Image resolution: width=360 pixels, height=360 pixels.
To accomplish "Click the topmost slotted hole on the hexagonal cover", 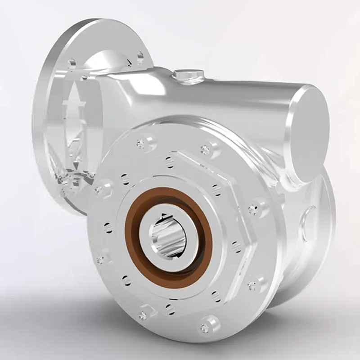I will pos(169,160).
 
